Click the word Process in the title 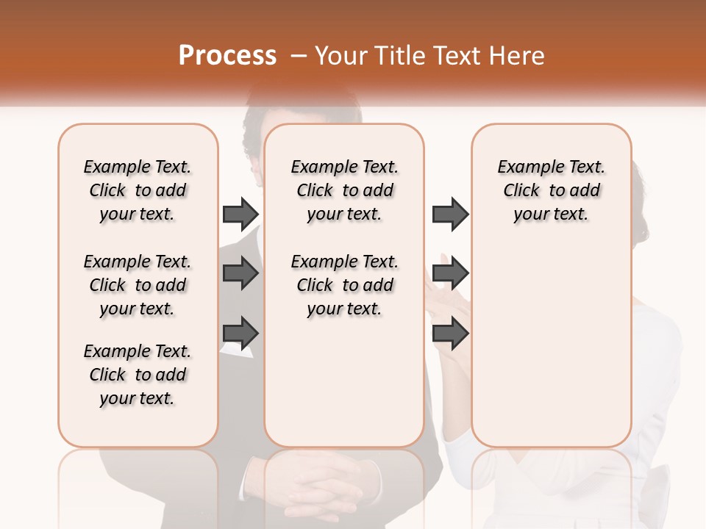point(227,56)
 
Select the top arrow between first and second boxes point(240,214)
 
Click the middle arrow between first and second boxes point(240,274)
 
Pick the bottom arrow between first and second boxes point(240,334)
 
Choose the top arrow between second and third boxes point(450,214)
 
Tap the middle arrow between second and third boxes point(450,274)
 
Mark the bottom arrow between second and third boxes point(450,334)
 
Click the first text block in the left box point(138,190)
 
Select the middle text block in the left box point(138,285)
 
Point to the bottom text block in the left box point(138,375)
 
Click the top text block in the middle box point(345,190)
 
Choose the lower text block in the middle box point(345,285)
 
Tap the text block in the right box point(552,190)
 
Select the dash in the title point(299,56)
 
